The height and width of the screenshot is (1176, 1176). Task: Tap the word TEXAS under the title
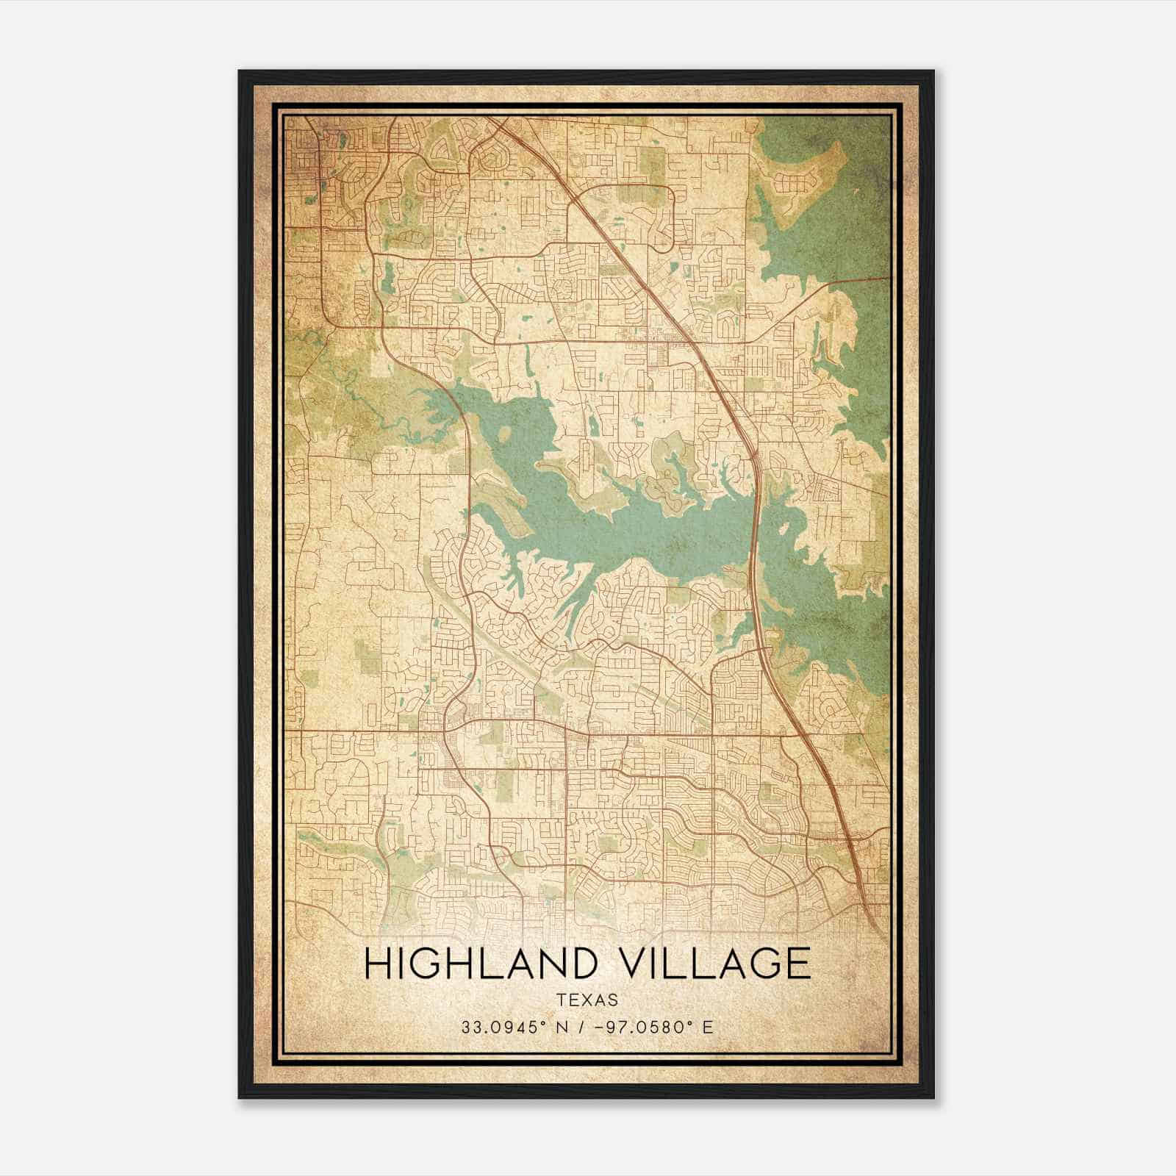click(587, 1000)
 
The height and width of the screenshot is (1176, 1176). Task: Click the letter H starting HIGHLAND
click(378, 964)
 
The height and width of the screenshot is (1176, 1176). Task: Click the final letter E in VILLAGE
click(797, 964)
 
